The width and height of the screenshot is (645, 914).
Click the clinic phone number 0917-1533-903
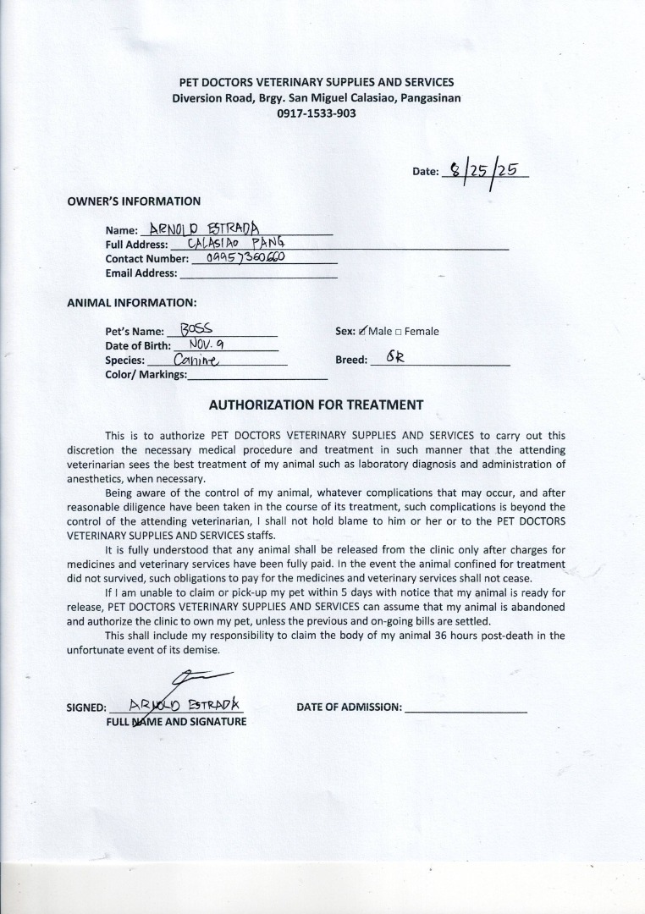(x=316, y=113)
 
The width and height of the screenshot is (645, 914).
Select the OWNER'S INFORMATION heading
(x=134, y=201)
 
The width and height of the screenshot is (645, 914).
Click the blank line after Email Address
(x=258, y=274)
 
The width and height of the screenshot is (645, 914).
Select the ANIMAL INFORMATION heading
(x=131, y=302)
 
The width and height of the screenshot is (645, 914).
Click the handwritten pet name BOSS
(x=196, y=329)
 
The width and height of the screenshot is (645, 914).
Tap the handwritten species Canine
(x=196, y=359)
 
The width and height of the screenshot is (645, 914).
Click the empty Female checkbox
(x=398, y=332)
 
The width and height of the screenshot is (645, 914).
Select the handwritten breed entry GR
(x=395, y=357)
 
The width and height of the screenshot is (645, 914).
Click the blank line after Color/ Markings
(x=257, y=375)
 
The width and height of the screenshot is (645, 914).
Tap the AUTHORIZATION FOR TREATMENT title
(x=316, y=405)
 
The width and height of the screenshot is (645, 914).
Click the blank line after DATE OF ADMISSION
(x=466, y=708)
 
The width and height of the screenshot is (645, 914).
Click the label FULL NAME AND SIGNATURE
(x=176, y=722)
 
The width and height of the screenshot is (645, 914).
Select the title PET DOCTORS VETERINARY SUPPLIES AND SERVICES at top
(x=316, y=82)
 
